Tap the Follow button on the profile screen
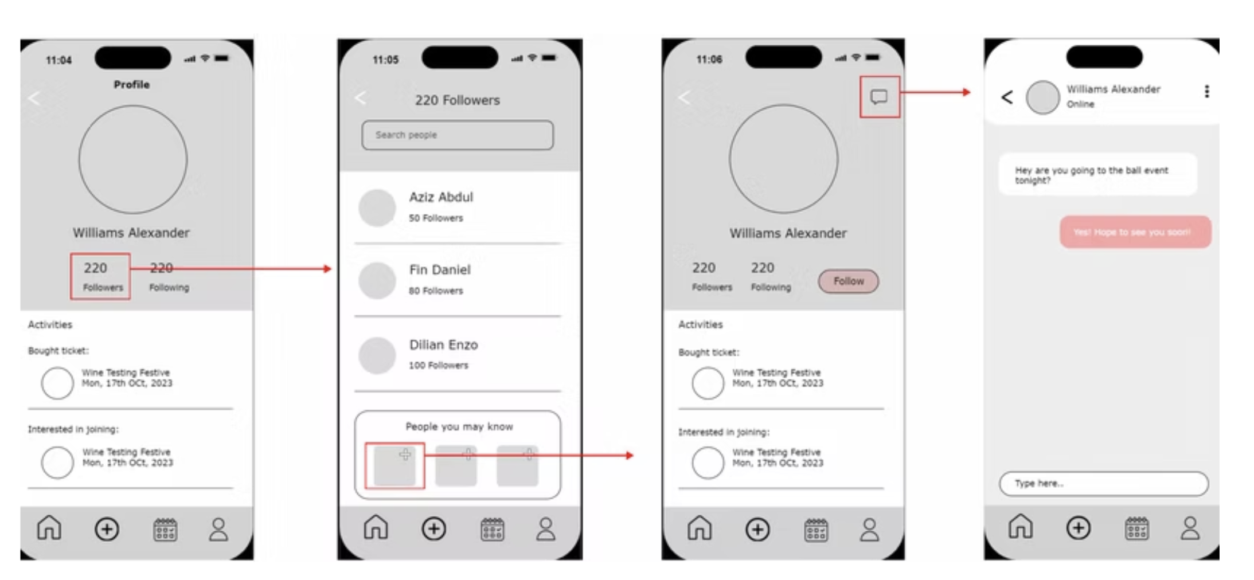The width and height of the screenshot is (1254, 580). click(848, 281)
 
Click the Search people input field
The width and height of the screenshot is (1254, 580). click(457, 135)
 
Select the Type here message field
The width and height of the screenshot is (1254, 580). click(1103, 484)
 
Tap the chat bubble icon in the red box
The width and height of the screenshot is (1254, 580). click(879, 97)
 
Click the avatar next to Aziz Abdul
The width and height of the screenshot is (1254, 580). click(377, 208)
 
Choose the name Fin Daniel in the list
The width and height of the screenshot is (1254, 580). click(440, 270)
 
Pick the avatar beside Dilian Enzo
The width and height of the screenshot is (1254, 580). click(377, 355)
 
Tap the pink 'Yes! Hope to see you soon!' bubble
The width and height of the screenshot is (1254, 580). click(1135, 232)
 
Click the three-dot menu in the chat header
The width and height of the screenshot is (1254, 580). click(1206, 92)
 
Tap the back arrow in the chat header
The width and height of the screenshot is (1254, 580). click(1007, 97)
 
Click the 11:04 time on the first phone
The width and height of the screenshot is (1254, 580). click(58, 60)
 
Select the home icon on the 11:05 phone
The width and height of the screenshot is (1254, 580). click(376, 527)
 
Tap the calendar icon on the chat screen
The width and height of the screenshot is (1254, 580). click(1136, 528)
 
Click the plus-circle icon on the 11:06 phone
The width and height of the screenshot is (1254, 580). click(757, 530)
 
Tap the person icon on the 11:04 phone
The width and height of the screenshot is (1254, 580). click(218, 530)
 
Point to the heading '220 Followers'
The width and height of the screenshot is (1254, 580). click(457, 100)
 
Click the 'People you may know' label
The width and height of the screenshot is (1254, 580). click(459, 426)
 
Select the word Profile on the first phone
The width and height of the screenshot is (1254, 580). click(131, 85)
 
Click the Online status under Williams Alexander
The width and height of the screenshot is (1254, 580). click(1080, 104)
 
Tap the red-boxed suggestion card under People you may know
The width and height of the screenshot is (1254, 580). click(394, 466)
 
